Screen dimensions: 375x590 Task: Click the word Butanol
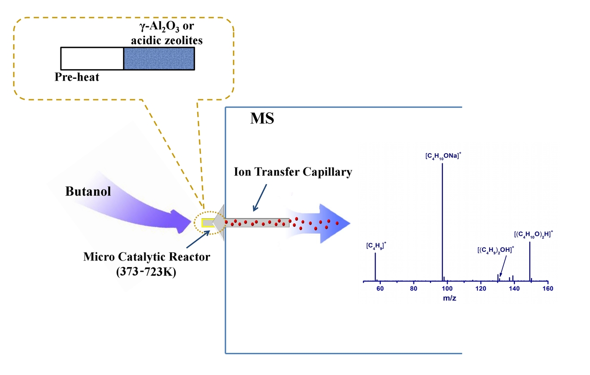(x=88, y=191)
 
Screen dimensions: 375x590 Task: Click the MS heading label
(x=262, y=119)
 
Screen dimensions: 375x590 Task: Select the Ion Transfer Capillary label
(x=292, y=173)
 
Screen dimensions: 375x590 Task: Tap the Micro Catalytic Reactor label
(x=147, y=257)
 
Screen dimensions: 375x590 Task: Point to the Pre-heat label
(x=77, y=77)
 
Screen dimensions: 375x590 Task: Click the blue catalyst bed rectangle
(x=159, y=58)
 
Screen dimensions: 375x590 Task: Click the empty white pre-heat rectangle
(x=92, y=58)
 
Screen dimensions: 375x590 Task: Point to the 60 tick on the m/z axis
(x=380, y=289)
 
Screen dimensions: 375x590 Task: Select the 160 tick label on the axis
(x=548, y=289)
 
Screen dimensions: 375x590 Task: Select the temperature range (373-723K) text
(x=147, y=272)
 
